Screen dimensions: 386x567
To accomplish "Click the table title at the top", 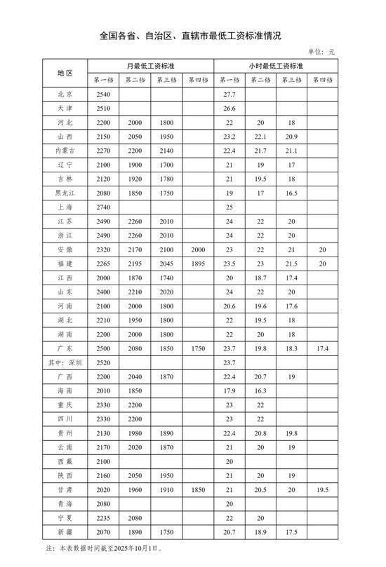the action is (x=193, y=34).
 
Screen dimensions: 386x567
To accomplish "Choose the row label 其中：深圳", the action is (x=65, y=363).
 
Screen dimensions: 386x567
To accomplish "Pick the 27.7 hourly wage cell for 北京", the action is (x=229, y=94).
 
